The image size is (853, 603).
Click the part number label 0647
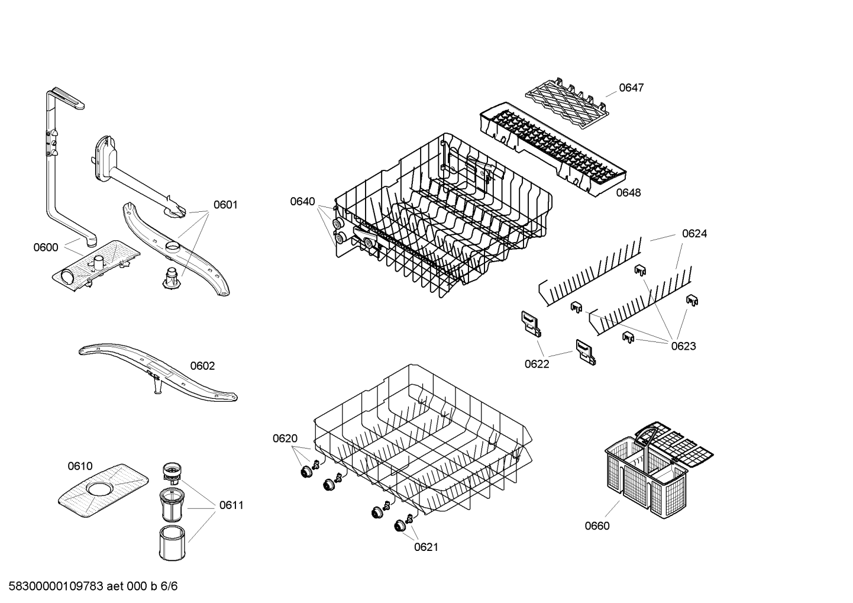(x=631, y=88)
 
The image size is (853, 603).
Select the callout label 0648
(x=628, y=192)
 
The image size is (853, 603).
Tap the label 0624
(x=694, y=233)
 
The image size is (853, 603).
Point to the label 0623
(x=683, y=346)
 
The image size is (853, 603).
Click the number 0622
(x=537, y=364)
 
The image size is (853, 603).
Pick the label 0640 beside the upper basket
(x=302, y=201)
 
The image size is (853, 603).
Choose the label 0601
(x=225, y=205)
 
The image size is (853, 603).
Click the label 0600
(x=46, y=247)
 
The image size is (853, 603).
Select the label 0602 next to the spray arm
(x=202, y=366)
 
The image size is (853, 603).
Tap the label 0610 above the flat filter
(x=80, y=466)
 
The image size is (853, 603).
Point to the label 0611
(x=231, y=505)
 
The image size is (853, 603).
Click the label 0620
(x=285, y=438)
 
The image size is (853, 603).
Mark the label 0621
(x=426, y=547)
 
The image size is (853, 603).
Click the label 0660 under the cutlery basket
(x=597, y=526)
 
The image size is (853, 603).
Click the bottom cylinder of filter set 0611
(x=173, y=541)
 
